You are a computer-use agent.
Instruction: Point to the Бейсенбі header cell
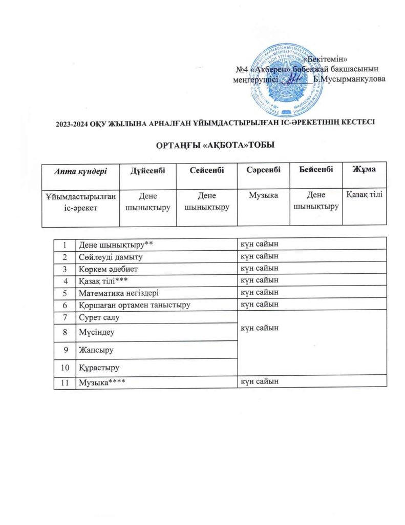[315, 169]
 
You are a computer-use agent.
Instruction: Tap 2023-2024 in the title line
[74, 123]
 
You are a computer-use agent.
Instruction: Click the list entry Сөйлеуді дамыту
[110, 256]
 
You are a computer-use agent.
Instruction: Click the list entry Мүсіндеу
[96, 332]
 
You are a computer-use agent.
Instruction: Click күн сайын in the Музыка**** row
[260, 381]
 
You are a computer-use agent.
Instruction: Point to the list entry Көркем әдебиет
[107, 268]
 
